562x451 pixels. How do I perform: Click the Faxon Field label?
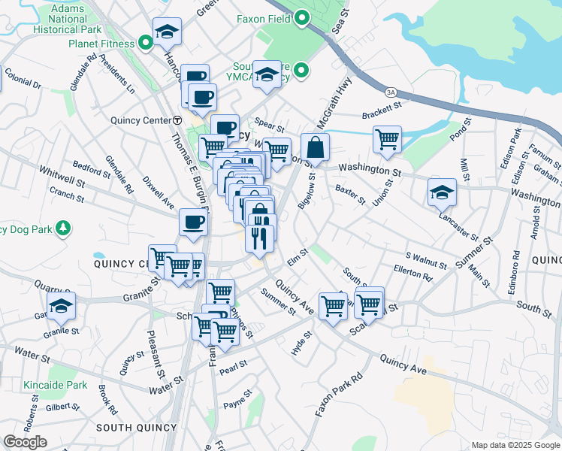(264, 17)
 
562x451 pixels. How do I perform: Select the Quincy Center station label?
(141, 120)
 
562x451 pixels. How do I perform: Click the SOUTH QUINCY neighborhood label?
(137, 427)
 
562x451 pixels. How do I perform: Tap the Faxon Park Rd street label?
(339, 395)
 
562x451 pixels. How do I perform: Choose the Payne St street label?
(238, 404)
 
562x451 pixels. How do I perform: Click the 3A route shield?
(390, 92)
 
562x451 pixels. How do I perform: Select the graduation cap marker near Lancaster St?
(442, 192)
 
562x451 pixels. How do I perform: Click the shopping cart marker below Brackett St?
(387, 138)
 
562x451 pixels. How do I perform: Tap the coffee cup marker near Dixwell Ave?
(193, 222)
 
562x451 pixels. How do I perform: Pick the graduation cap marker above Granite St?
(61, 305)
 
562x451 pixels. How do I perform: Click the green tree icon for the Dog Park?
(65, 227)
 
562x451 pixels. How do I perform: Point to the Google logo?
(25, 442)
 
